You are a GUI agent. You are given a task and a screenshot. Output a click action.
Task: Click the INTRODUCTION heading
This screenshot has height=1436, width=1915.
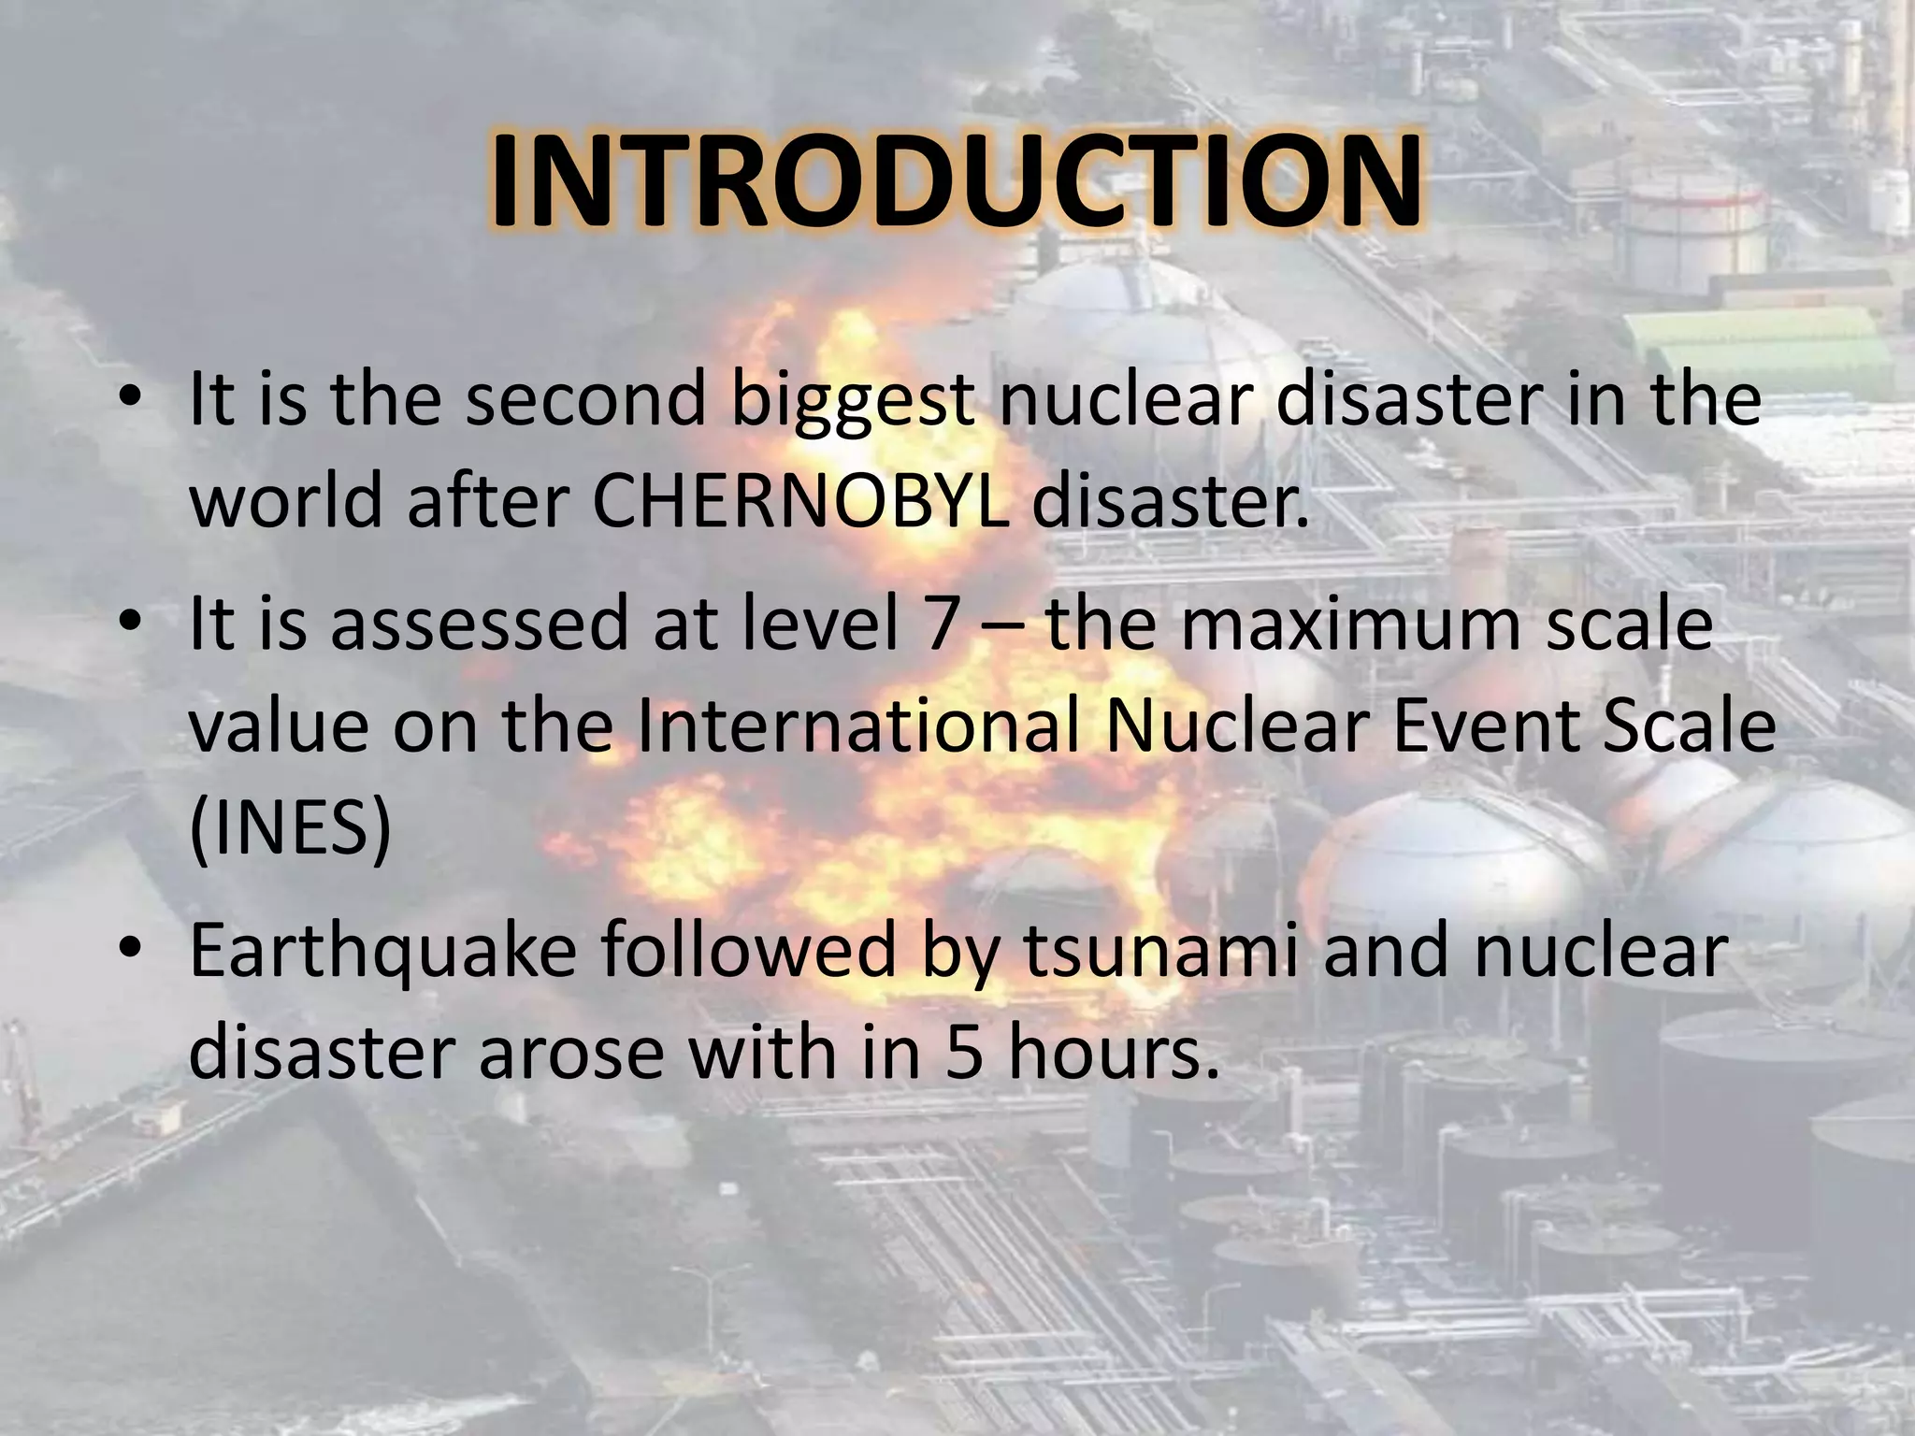[957, 184]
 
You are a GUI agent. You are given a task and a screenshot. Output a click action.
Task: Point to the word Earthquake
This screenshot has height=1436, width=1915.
[382, 954]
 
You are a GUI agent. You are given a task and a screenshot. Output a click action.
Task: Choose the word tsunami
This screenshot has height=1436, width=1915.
[1160, 954]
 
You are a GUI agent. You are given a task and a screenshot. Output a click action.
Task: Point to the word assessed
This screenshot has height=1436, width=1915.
[479, 625]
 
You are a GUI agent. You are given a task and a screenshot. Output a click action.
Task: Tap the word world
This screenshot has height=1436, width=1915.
[287, 501]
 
